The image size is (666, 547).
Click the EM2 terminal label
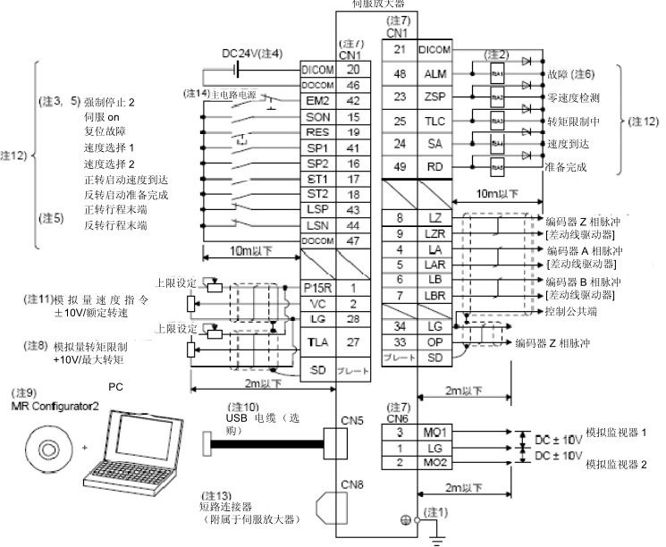317,101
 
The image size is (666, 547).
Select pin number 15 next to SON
355,117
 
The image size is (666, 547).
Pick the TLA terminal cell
317,341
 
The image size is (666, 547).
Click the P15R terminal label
317,288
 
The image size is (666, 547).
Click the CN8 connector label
350,484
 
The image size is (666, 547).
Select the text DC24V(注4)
252,53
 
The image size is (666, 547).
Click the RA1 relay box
497,74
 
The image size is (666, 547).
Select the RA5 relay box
497,166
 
